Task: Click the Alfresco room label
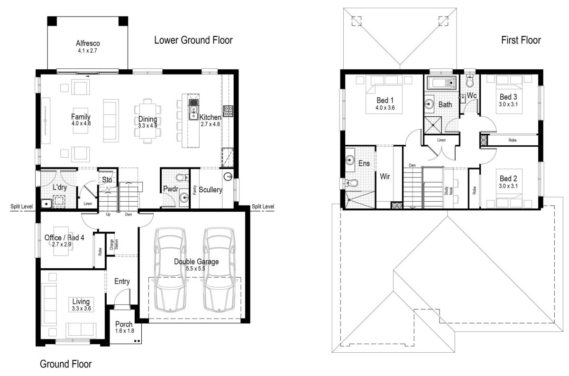(x=88, y=43)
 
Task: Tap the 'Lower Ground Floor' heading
(x=193, y=40)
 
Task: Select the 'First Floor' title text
(x=521, y=40)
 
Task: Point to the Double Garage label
(x=196, y=262)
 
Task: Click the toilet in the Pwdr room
(x=183, y=177)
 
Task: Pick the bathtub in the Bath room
(x=441, y=83)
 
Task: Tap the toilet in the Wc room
(x=470, y=80)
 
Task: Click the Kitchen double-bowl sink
(x=193, y=110)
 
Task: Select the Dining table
(x=147, y=121)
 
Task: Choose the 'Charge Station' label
(x=114, y=244)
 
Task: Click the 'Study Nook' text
(x=449, y=191)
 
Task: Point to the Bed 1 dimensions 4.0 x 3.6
(x=385, y=108)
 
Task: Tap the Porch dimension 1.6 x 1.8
(x=124, y=331)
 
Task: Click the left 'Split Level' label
(x=22, y=207)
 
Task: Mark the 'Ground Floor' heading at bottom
(x=66, y=364)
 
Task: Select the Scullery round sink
(x=228, y=176)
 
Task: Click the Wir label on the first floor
(x=385, y=176)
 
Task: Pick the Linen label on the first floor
(x=441, y=140)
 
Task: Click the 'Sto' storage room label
(x=107, y=180)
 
